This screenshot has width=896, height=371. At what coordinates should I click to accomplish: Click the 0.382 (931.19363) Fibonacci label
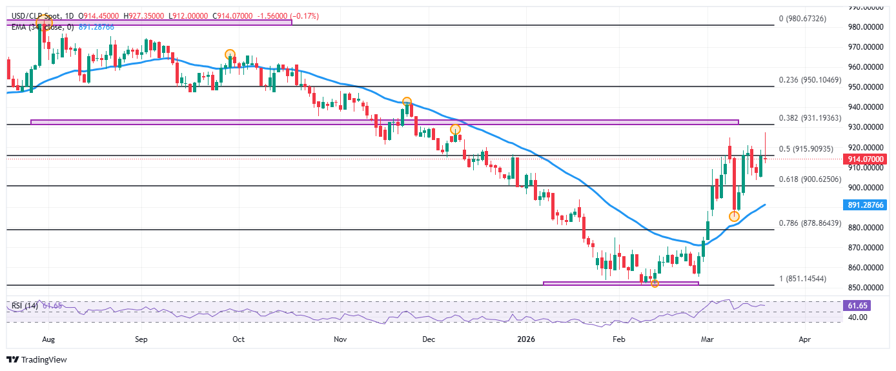pos(810,118)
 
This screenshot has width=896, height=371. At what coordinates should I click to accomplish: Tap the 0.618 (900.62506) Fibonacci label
pos(810,179)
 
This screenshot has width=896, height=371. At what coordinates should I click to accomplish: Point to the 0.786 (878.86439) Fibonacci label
pos(810,223)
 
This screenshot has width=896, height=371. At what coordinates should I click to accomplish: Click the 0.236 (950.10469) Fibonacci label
pos(810,80)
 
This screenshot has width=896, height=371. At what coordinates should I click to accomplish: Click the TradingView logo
pos(37,359)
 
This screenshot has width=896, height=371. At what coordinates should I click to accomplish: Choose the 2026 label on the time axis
pos(527,338)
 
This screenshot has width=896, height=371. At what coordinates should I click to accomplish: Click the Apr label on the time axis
pos(804,338)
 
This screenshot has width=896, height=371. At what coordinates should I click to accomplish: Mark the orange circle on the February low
pos(655,283)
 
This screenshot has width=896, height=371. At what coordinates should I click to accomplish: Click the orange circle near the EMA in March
pos(734,216)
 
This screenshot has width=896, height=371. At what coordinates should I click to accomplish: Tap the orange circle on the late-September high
pos(229,55)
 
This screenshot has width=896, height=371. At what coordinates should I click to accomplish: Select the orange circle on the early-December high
pos(455,130)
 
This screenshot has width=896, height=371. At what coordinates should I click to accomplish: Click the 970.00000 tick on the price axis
pos(866,47)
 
